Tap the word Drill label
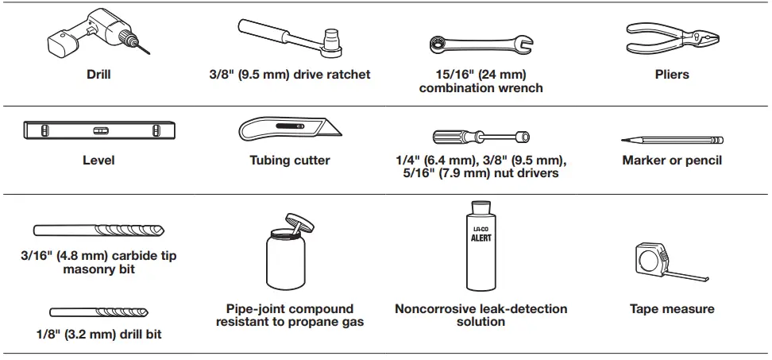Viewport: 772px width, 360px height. tap(98, 75)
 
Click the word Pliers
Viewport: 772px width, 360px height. tap(672, 75)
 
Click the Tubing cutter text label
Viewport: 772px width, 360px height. tap(290, 160)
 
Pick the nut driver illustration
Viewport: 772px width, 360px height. tap(481, 136)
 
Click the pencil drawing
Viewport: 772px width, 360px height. tap(672, 140)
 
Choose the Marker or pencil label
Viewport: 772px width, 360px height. tap(672, 160)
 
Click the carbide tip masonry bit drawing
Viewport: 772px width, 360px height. tap(99, 230)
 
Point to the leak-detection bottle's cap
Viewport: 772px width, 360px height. tap(481, 210)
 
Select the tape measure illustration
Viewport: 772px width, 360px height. tap(659, 262)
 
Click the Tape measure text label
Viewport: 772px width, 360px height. tap(672, 308)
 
